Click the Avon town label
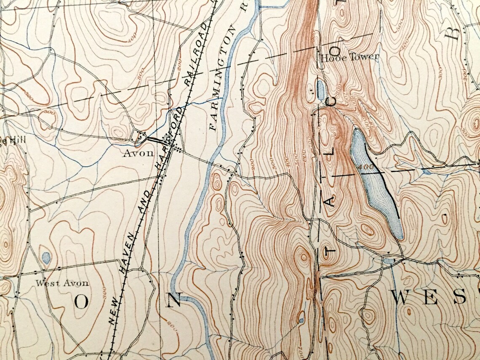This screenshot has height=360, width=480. [x=138, y=153]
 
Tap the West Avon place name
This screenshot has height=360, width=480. [x=62, y=283]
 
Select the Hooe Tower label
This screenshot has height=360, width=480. [x=349, y=58]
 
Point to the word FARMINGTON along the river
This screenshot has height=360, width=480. [x=222, y=77]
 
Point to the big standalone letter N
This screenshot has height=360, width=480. [x=173, y=300]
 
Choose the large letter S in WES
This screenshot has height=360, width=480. [x=460, y=298]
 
